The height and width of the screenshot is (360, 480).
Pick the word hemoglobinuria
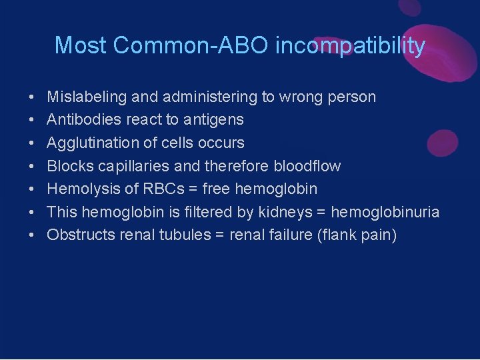pyautogui.click(x=385, y=212)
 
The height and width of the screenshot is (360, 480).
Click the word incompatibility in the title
pyautogui.click(x=350, y=45)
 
